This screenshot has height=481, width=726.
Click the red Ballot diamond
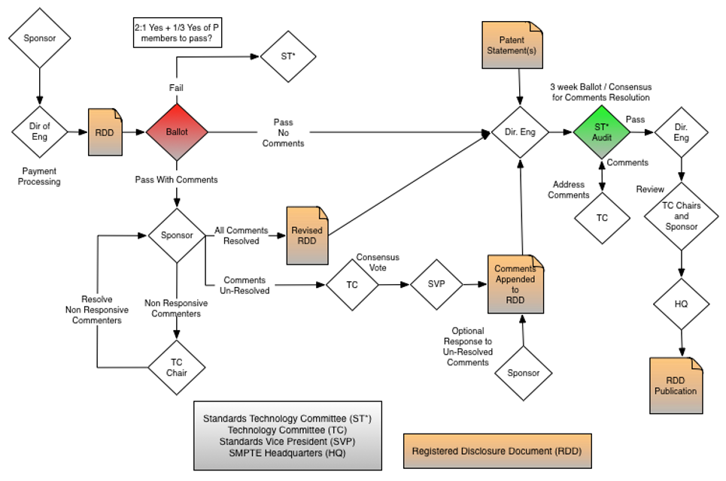coord(177,132)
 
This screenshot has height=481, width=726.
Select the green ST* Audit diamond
coord(601,132)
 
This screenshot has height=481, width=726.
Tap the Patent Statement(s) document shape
coord(512,45)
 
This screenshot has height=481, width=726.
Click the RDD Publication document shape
coord(676,385)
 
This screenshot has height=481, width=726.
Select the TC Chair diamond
coord(177,367)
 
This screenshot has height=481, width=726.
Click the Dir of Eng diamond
coord(39,132)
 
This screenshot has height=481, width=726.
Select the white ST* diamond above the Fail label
coord(287,56)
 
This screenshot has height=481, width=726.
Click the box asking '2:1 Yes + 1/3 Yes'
coord(177,33)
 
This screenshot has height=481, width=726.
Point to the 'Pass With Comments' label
coord(177,180)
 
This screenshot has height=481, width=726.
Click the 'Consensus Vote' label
coord(378,262)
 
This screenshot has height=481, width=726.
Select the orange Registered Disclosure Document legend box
coord(497,452)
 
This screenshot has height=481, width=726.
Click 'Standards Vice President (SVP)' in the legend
coord(287,441)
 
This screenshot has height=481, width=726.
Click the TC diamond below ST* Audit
coord(602,218)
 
